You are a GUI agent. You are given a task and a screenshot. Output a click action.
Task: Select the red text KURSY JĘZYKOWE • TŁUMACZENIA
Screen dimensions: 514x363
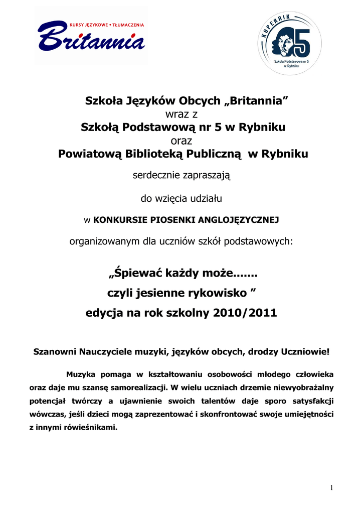[x=106, y=25]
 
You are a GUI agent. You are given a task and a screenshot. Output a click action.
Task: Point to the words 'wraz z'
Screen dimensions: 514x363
[x=181, y=114]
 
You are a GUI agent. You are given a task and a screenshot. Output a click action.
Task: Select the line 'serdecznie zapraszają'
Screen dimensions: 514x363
[x=181, y=176]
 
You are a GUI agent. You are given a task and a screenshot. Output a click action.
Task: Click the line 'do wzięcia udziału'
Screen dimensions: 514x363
[x=181, y=198]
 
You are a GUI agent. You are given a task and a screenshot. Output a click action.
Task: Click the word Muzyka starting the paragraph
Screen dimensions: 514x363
[x=81, y=374]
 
